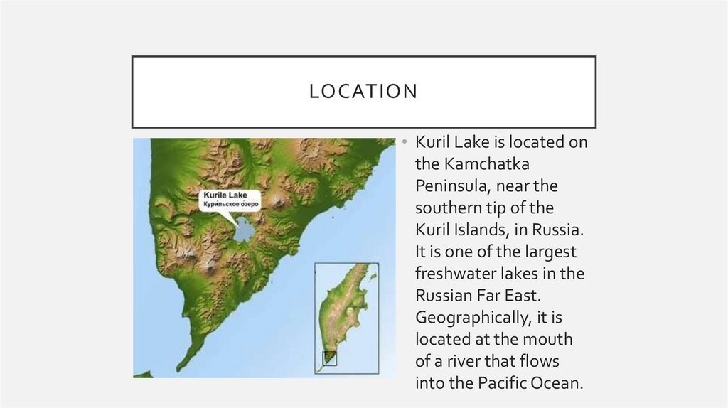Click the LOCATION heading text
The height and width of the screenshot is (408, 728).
[x=363, y=92]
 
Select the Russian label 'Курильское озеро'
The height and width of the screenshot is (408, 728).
[x=231, y=204]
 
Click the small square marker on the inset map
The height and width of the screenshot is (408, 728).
[x=330, y=358]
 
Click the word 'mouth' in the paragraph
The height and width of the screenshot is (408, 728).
[x=550, y=340]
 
